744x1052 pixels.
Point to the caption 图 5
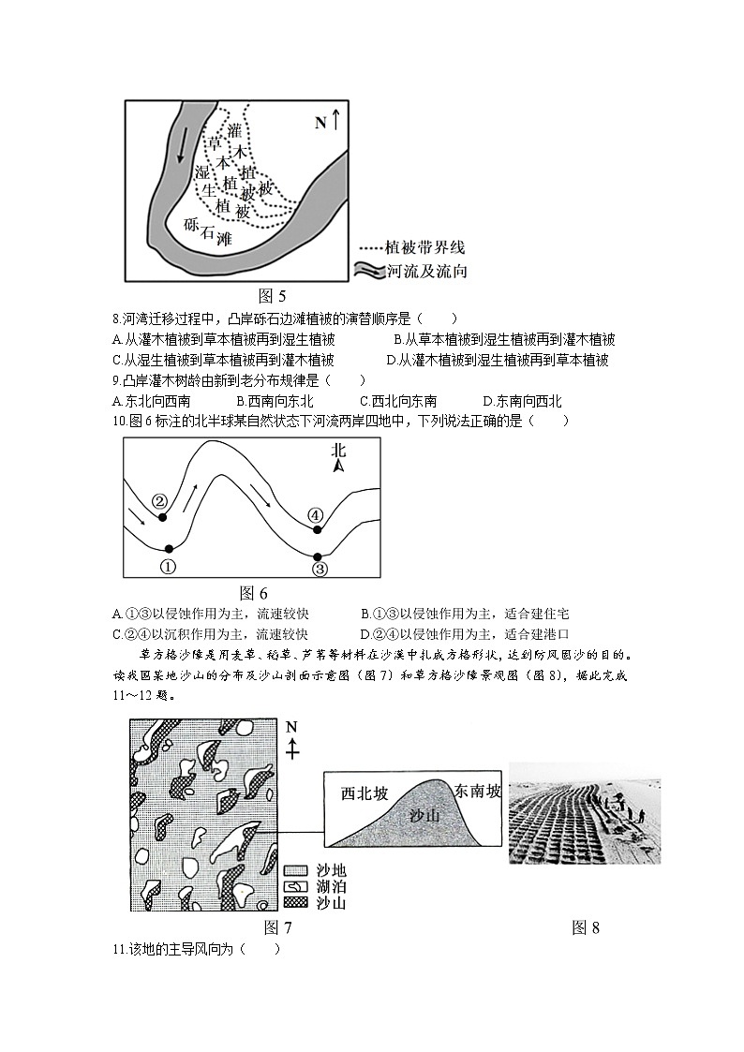[x=271, y=297]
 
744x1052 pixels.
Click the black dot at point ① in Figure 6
[x=169, y=549]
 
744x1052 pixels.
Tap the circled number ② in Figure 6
[x=159, y=501]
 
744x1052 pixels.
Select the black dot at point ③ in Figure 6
[x=318, y=556]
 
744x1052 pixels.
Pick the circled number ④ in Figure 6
[x=316, y=514]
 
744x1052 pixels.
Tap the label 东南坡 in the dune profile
[x=477, y=791]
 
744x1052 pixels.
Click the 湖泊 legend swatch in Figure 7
[x=295, y=886]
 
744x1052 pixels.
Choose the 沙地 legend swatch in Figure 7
[x=295, y=870]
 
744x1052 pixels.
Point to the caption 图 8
[x=585, y=927]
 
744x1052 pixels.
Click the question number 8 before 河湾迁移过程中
[x=114, y=319]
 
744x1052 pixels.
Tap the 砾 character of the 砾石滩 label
[x=192, y=224]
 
